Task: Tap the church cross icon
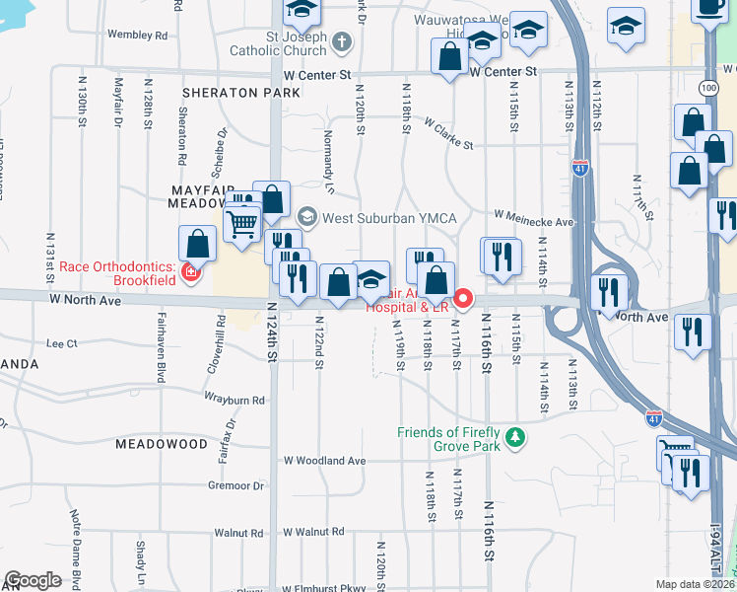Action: tap(341, 42)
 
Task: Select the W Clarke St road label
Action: tap(448, 134)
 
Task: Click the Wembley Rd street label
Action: tap(137, 35)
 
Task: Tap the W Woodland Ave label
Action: tap(324, 461)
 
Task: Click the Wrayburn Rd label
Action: tap(235, 401)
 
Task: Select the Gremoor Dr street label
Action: tap(235, 485)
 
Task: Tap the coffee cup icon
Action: tap(708, 8)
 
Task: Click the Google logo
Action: tap(33, 580)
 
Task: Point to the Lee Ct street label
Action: tap(61, 343)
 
